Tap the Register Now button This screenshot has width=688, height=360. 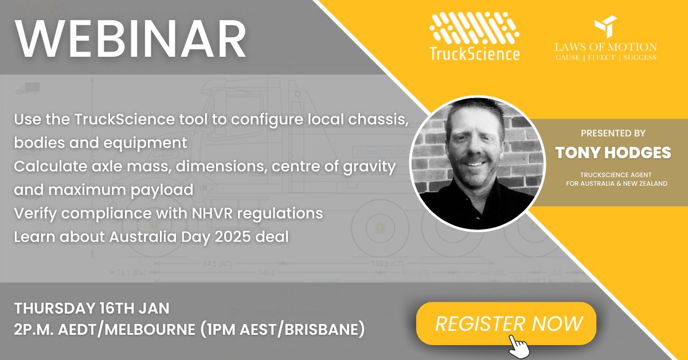tap(509, 323)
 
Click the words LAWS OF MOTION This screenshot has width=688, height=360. tap(605, 47)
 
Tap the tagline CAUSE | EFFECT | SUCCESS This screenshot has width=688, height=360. tap(605, 58)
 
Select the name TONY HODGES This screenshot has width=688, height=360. tap(613, 152)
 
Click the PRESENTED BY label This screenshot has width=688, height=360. tap(613, 134)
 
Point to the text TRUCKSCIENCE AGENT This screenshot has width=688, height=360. tap(613, 175)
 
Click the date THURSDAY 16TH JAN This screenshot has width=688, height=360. tap(92, 308)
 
